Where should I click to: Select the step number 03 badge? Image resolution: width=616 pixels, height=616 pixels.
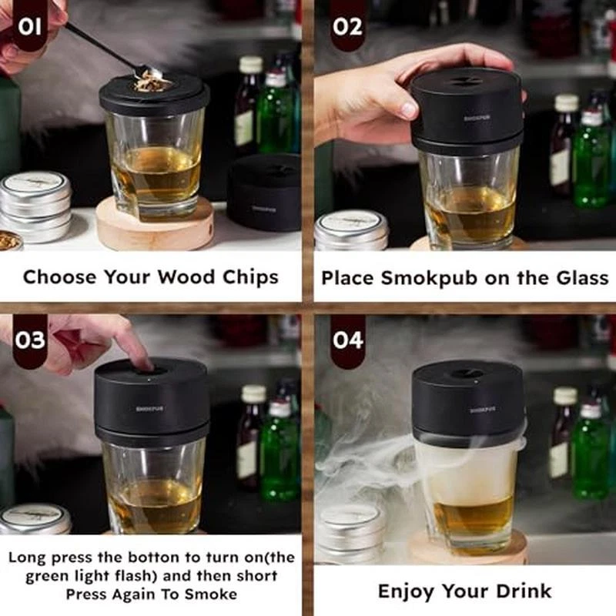[29, 340]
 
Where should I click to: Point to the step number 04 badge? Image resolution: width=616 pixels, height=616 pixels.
[348, 340]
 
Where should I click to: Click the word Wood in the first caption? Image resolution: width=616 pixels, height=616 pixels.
[187, 277]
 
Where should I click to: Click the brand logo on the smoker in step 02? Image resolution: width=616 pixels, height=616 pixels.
[476, 118]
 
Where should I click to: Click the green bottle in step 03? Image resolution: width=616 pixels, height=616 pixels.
[279, 452]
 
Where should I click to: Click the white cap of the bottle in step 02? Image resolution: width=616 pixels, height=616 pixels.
[567, 102]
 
